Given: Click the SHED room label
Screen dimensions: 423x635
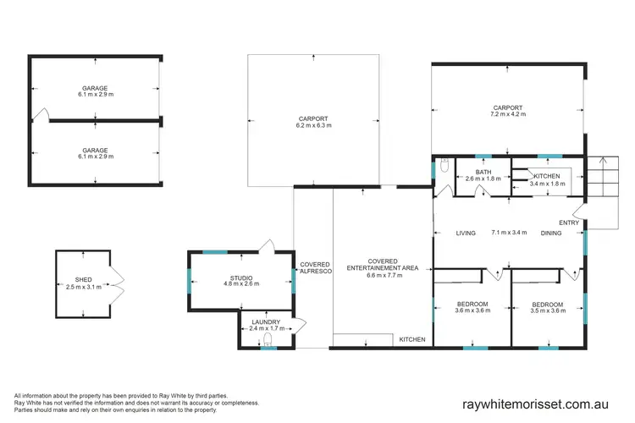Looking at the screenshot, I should point(82,279).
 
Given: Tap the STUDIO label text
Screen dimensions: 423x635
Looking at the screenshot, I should point(241,277).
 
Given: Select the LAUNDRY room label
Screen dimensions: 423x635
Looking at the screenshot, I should point(267,321).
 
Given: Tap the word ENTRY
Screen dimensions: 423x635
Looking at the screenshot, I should point(569,222).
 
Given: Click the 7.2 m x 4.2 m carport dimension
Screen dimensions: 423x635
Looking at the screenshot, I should point(508,115).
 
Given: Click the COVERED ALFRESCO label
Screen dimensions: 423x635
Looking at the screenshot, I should point(315,268).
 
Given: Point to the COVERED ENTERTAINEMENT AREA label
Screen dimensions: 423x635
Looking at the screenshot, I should point(381,264).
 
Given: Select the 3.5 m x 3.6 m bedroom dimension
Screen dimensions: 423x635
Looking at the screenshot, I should point(547,310).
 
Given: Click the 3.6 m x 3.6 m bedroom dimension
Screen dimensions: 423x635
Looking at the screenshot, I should point(472,310).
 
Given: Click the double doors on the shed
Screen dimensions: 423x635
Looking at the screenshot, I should point(119,279).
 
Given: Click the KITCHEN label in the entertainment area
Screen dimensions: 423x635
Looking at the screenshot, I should point(412,339).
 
